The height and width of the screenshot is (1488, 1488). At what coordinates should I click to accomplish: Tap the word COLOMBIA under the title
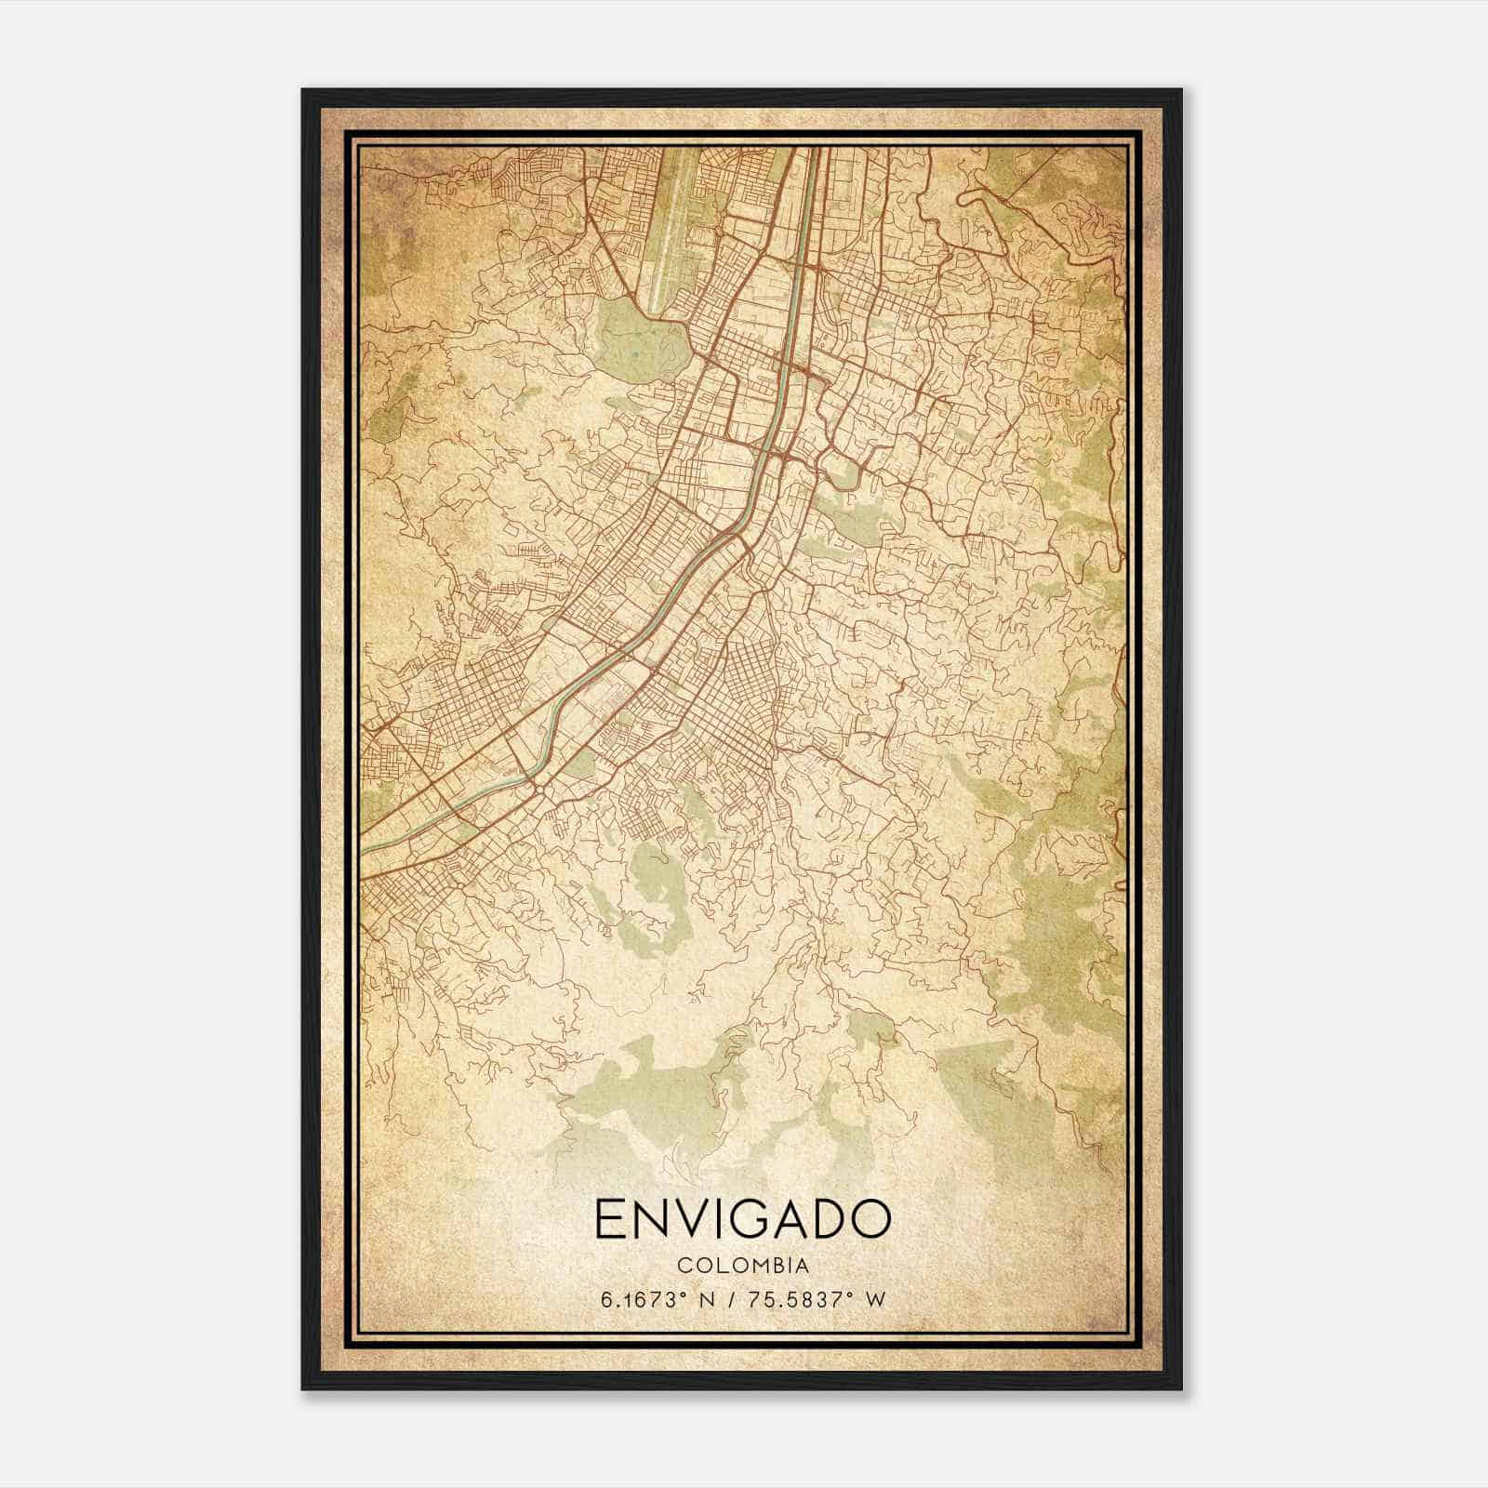741,1266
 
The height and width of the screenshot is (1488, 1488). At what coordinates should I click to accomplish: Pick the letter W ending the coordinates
875,1299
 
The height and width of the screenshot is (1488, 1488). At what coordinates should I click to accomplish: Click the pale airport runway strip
676,223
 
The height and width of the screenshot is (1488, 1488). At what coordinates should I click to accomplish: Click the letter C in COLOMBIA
683,1266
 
